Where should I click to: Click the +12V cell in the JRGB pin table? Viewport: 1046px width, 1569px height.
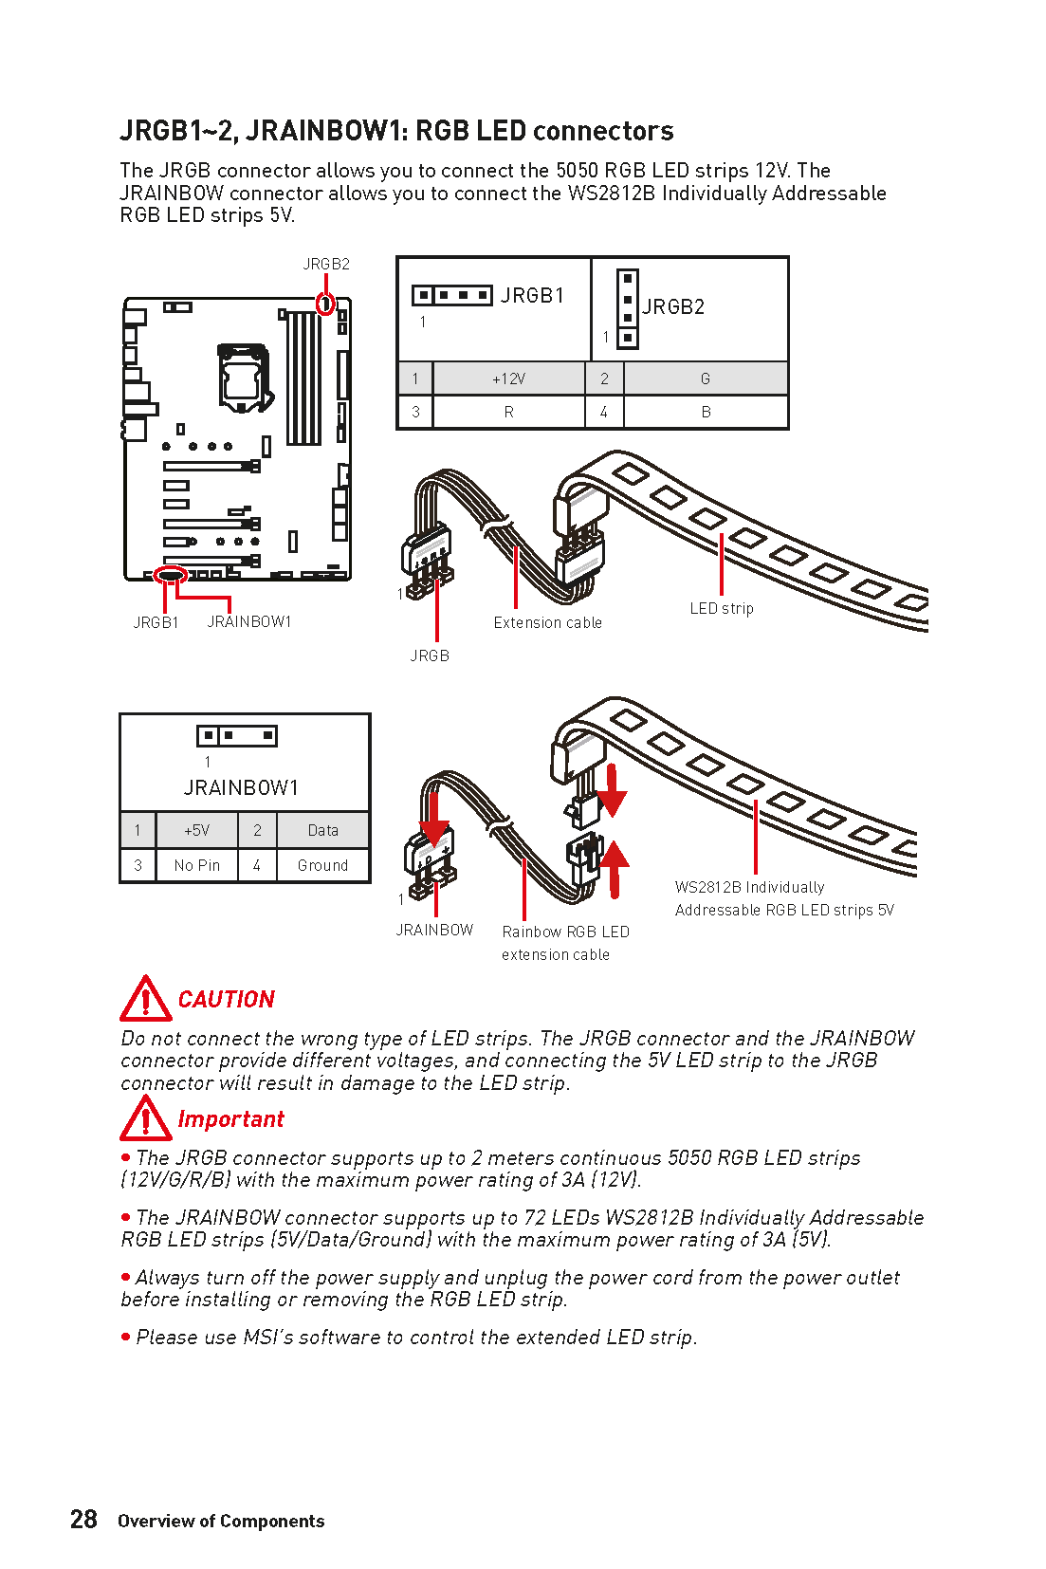click(x=508, y=378)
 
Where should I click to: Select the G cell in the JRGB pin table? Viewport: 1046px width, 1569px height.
click(x=705, y=378)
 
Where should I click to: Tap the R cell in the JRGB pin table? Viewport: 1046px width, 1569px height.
click(x=508, y=412)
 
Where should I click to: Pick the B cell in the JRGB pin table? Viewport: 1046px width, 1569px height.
click(x=705, y=412)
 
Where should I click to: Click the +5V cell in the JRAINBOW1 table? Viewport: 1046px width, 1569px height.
click(x=197, y=830)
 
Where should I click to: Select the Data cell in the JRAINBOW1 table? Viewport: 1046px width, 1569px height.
click(x=322, y=830)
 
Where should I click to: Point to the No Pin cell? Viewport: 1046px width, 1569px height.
click(x=197, y=865)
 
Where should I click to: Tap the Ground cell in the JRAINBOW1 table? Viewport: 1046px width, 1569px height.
click(x=322, y=865)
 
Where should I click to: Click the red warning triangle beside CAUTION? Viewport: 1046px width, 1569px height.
click(x=145, y=999)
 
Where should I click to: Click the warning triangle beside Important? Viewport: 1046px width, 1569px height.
click(x=145, y=1119)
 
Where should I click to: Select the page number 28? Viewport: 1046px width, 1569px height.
click(x=83, y=1520)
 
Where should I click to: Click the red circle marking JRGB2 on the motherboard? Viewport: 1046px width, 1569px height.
click(x=325, y=305)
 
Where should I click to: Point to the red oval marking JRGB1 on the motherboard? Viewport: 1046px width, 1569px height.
click(x=171, y=574)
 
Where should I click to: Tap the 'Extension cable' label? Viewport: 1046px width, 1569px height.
click(x=547, y=622)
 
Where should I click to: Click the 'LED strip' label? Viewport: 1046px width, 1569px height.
click(x=722, y=608)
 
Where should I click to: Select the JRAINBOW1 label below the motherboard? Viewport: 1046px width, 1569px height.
click(x=249, y=621)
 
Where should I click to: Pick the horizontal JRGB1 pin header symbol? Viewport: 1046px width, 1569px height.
click(x=452, y=295)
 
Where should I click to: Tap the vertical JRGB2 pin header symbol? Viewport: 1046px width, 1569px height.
click(x=627, y=309)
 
